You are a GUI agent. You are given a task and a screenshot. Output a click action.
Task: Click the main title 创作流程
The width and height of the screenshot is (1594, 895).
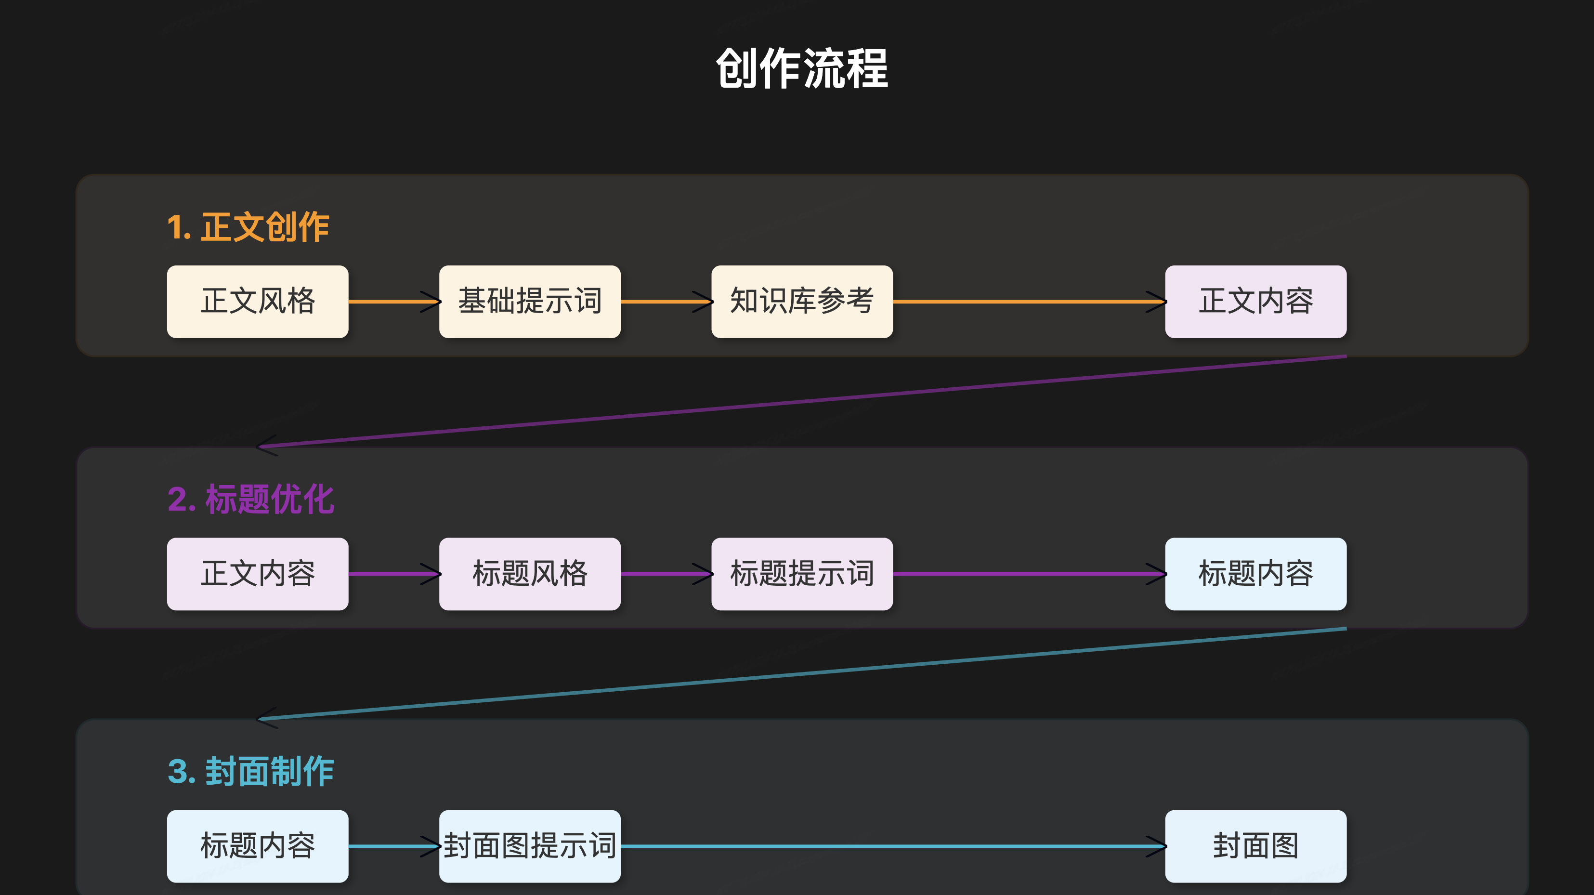pyautogui.click(x=802, y=68)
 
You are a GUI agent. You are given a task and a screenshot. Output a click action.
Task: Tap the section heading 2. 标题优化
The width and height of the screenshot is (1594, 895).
pyautogui.click(x=250, y=499)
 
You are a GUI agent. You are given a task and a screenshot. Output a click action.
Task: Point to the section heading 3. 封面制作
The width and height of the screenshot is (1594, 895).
pyautogui.click(x=250, y=771)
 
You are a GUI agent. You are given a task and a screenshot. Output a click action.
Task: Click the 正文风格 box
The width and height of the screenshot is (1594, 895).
pyautogui.click(x=258, y=302)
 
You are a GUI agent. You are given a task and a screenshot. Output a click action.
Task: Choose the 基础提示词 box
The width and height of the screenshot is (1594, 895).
pyautogui.click(x=530, y=302)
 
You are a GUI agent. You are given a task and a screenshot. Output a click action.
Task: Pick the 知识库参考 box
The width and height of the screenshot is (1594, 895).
pyautogui.click(x=802, y=302)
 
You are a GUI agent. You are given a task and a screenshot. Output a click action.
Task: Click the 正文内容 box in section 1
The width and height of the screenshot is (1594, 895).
pyautogui.click(x=1255, y=302)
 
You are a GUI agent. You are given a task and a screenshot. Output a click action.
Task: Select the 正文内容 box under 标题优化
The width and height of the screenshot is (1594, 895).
pyautogui.click(x=258, y=574)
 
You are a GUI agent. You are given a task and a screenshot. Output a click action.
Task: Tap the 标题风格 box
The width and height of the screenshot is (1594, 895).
pyautogui.click(x=530, y=574)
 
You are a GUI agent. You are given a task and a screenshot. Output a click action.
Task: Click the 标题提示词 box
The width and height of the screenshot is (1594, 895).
pyautogui.click(x=802, y=574)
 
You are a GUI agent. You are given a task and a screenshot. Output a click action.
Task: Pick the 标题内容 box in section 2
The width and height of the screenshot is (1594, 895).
pyautogui.click(x=1255, y=574)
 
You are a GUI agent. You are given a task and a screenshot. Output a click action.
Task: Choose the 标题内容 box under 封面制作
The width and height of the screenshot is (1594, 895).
pyautogui.click(x=258, y=846)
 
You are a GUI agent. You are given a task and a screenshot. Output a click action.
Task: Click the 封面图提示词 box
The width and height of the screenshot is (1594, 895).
pyautogui.click(x=530, y=846)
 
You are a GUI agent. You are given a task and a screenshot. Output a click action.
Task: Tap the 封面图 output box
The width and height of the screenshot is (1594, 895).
pyautogui.click(x=1255, y=846)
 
